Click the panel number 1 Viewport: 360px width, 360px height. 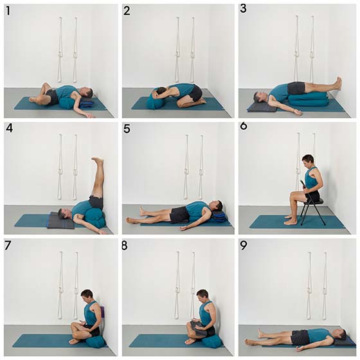point(8,11)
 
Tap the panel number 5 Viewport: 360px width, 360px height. point(127,129)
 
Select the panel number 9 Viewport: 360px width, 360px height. point(244,246)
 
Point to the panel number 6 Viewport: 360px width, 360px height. point(244,126)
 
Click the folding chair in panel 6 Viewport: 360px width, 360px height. point(312,209)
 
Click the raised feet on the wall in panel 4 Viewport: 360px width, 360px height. point(98,160)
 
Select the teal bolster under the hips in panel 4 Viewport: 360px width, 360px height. point(94,217)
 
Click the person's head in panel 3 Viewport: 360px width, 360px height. point(259,98)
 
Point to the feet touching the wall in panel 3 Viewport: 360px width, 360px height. point(338,83)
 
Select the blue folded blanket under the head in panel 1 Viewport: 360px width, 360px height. point(87,104)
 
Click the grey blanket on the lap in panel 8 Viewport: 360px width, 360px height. point(199,327)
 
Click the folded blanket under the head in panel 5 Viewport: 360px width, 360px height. point(218,216)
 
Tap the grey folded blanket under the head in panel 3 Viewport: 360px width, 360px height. point(262,107)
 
